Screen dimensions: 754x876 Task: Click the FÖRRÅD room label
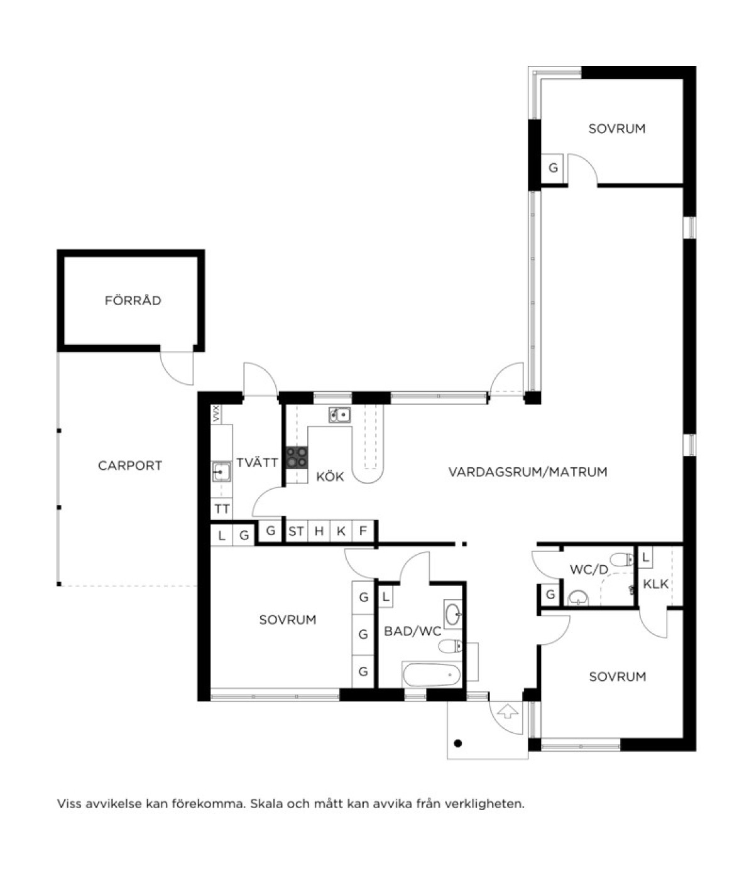133,300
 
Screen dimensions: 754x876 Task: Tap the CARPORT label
130,465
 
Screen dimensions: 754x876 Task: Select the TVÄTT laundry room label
257,462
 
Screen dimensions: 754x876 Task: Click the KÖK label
329,476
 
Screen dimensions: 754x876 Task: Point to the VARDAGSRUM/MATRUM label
528,471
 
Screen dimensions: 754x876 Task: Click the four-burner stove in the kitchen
297,457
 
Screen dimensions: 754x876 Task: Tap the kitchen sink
339,414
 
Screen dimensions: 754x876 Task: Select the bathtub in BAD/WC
431,674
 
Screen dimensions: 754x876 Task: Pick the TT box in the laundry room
221,509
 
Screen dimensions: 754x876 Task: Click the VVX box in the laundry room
216,414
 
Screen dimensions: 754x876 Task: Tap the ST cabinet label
296,531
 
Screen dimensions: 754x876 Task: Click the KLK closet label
655,584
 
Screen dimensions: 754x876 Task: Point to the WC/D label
589,570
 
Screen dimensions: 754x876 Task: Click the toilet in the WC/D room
621,560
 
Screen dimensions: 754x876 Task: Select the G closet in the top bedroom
552,168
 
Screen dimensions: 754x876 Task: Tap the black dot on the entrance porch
457,743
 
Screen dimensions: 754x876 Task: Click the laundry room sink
221,472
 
